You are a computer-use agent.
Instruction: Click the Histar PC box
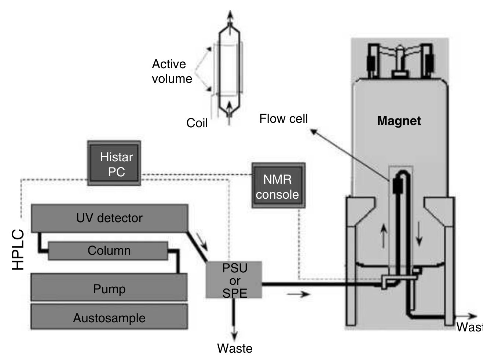pos(114,163)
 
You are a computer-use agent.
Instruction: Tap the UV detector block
pos(109,218)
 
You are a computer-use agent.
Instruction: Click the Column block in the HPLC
pos(109,251)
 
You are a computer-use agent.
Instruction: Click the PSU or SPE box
pos(234,280)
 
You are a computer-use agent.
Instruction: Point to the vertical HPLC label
pos(18,250)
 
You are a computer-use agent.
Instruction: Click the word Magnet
pos(399,121)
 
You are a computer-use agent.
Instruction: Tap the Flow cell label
pos(283,119)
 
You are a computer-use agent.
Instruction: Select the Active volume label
pos(172,71)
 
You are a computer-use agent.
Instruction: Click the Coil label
pos(197,123)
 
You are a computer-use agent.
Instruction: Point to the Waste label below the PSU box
pos(234,348)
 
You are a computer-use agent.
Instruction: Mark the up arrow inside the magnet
pos(383,235)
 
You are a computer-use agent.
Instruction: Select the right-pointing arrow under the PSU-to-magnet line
pos(298,294)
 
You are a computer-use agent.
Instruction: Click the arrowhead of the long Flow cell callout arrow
pos(313,131)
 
